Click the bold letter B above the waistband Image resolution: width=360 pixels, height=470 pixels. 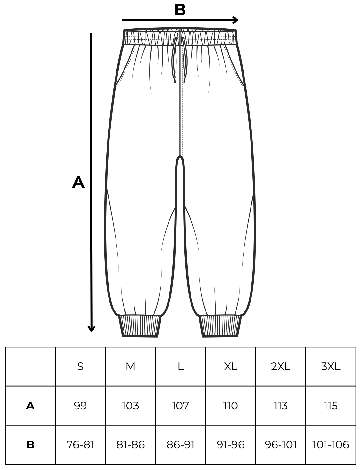click(x=180, y=10)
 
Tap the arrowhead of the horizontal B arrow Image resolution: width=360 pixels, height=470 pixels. click(x=236, y=20)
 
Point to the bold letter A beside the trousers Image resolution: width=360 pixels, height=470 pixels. click(x=78, y=182)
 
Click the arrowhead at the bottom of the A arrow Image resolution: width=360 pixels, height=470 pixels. click(x=91, y=329)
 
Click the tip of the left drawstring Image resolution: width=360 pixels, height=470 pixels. click(x=175, y=82)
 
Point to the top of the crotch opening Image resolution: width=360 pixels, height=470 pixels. click(x=180, y=156)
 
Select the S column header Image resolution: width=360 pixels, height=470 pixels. click(x=80, y=367)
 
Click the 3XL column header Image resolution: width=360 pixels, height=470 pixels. click(x=331, y=367)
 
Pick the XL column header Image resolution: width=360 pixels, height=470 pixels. click(x=231, y=367)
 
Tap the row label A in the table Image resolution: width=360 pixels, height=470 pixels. click(x=30, y=406)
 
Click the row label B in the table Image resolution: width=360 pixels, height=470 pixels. click(x=30, y=445)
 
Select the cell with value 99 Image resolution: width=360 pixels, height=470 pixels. click(x=80, y=406)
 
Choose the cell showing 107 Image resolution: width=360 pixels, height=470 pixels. click(x=180, y=406)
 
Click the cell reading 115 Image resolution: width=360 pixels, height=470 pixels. click(x=331, y=406)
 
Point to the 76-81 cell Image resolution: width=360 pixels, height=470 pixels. click(x=80, y=445)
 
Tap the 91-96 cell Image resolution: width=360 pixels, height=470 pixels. click(x=231, y=445)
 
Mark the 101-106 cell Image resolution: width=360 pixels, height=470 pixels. click(x=331, y=445)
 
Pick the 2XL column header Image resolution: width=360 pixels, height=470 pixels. click(x=281, y=367)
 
